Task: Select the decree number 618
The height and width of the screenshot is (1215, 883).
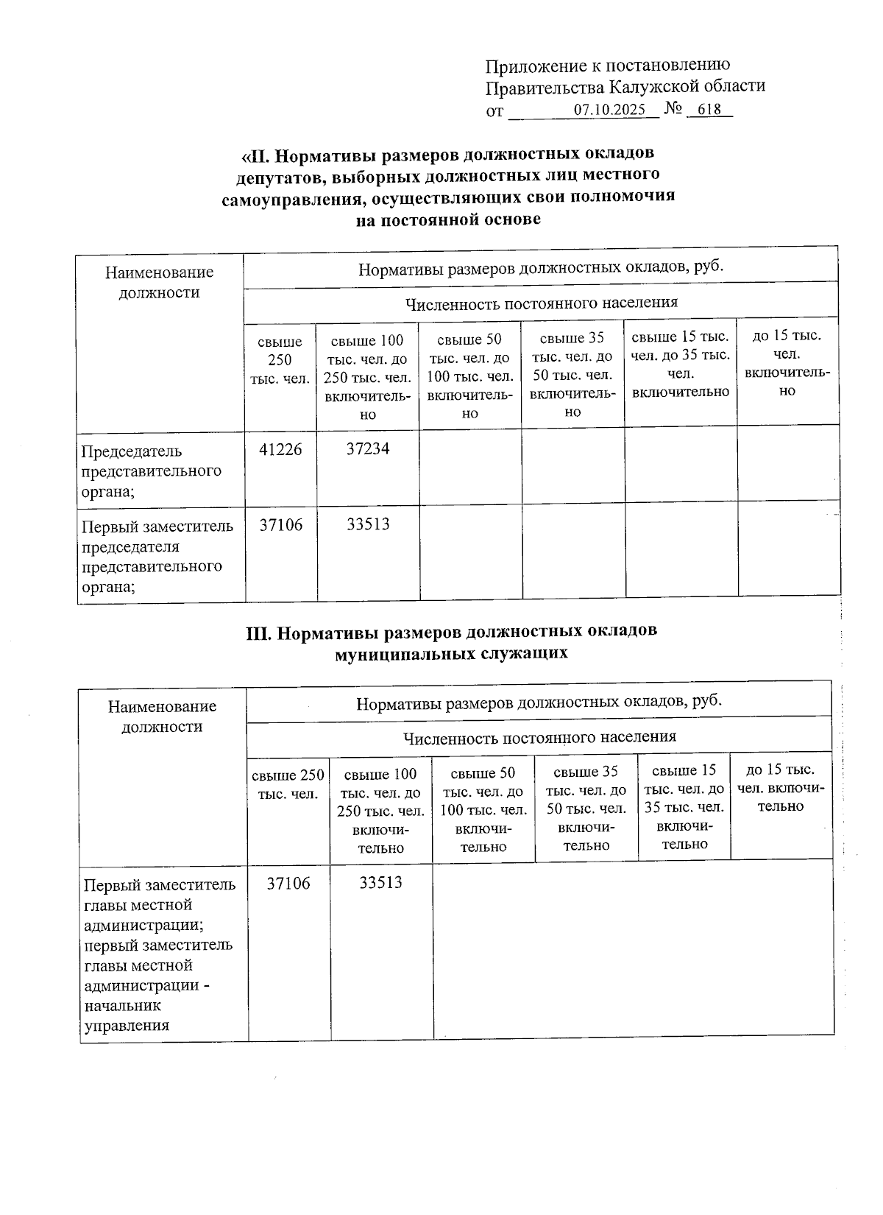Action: click(709, 110)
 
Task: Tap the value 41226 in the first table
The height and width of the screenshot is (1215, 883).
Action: click(280, 449)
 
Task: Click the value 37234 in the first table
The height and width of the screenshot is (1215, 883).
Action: click(368, 449)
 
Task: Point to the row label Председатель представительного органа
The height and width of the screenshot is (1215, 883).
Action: click(151, 471)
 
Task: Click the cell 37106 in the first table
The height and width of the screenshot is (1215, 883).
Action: click(280, 525)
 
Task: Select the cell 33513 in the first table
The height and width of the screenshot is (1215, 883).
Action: click(368, 525)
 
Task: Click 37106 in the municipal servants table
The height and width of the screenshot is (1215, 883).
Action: click(288, 883)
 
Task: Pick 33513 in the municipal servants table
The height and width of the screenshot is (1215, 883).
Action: click(380, 883)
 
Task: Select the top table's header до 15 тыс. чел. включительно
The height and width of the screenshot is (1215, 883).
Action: click(787, 363)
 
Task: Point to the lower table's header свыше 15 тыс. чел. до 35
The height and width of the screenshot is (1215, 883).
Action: click(684, 807)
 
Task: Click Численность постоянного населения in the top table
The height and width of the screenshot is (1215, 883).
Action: click(541, 303)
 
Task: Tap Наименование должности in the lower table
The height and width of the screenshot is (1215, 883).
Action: click(162, 716)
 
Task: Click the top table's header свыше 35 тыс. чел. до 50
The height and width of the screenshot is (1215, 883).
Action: click(572, 375)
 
